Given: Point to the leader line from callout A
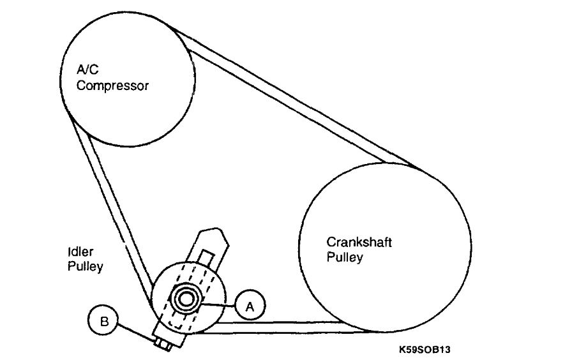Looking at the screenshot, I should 219,304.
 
